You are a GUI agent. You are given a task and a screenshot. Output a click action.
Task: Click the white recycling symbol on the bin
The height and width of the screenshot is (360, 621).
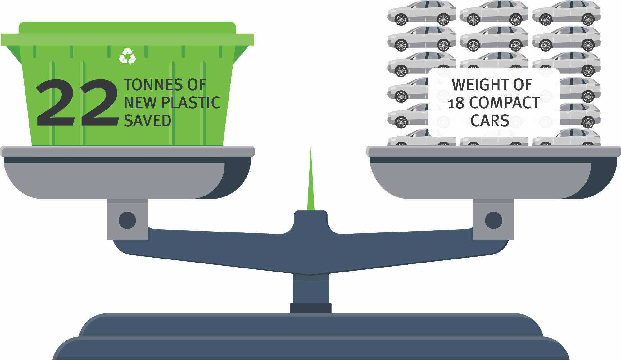click(x=127, y=56)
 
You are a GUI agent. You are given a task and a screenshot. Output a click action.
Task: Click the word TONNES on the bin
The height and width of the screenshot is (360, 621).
click(x=152, y=85)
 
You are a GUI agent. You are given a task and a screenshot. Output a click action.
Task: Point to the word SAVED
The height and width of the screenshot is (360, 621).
click(x=147, y=121)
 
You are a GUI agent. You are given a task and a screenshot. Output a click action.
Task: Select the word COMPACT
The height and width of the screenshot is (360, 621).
click(x=504, y=103)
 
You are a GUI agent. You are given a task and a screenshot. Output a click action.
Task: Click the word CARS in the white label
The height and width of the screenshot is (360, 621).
click(x=490, y=121)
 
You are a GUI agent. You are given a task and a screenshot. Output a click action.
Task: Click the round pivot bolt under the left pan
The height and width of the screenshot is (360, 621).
click(x=127, y=220)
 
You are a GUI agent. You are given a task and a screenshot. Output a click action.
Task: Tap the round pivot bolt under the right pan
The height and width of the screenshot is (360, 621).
click(x=493, y=220)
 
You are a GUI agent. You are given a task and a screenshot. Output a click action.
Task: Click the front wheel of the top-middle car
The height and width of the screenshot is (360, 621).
click(x=473, y=20)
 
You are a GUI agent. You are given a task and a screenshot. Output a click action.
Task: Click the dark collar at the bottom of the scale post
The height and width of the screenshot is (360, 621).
click(x=310, y=308)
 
